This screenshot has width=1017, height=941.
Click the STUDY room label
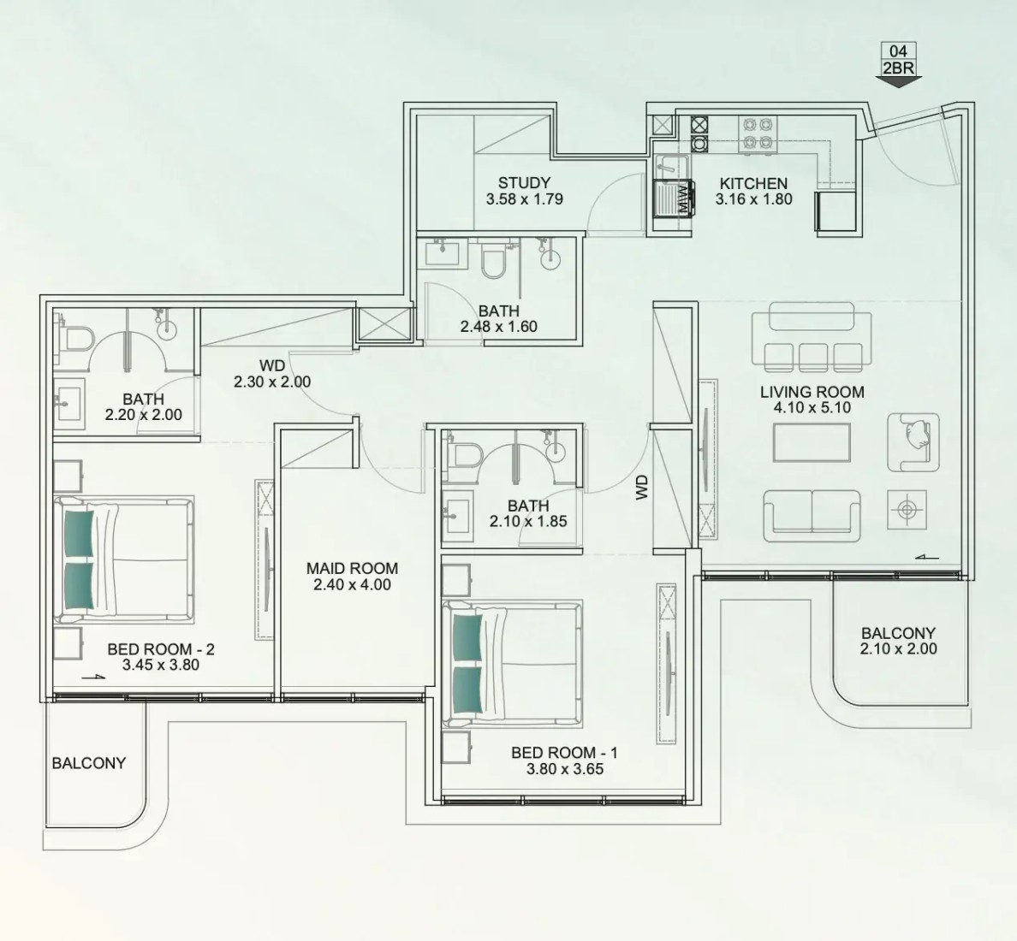tap(524, 183)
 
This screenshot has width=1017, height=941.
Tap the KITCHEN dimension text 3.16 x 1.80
tap(753, 199)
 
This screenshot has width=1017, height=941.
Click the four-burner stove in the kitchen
tap(758, 134)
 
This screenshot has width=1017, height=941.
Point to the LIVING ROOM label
tap(812, 392)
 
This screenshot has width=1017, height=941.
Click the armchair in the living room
tap(913, 442)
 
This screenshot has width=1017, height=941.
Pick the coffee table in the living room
tap(812, 442)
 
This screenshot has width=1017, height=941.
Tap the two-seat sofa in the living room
tap(812, 516)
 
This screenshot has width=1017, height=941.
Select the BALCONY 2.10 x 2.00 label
tap(898, 641)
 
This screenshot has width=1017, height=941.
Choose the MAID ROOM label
tap(352, 568)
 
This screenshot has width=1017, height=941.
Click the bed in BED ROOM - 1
tap(512, 665)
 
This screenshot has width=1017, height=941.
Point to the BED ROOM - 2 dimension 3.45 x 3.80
tap(161, 665)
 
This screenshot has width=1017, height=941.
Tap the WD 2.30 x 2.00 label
tap(272, 374)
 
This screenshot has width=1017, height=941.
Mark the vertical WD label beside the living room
tap(642, 487)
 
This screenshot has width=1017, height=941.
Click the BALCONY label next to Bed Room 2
tap(89, 763)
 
